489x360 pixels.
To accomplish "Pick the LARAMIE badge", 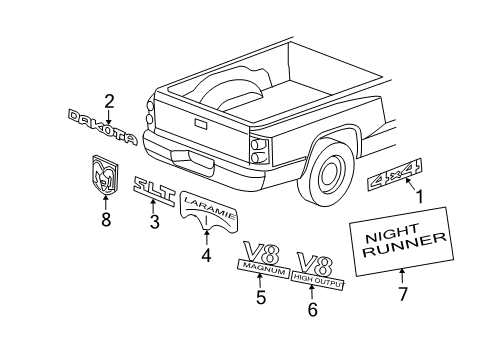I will click(x=209, y=201).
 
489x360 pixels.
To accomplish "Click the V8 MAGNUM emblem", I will click(x=263, y=257).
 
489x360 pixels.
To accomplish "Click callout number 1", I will click(x=419, y=198).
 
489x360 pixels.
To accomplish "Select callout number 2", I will click(x=109, y=100).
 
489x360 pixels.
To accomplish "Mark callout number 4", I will click(x=207, y=255).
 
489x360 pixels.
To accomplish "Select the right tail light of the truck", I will click(x=259, y=149).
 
